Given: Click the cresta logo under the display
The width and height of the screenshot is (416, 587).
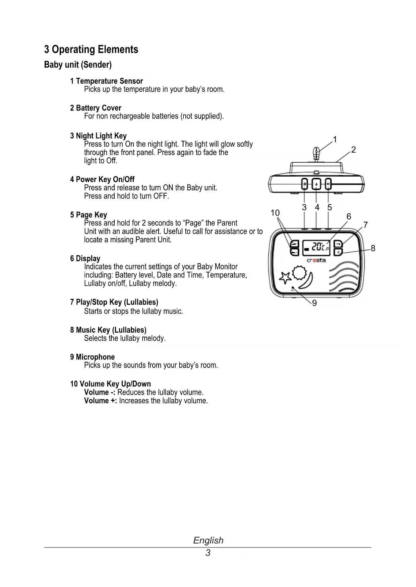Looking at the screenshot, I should [x=316, y=260].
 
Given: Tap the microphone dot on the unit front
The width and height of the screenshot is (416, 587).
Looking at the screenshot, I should [x=293, y=288].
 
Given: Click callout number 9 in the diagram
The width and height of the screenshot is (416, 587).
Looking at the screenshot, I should [x=314, y=303].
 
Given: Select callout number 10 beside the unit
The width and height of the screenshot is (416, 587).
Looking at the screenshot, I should [x=275, y=213].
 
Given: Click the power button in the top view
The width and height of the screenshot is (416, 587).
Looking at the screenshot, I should [x=316, y=184].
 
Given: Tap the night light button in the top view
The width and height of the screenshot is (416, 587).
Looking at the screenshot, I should [x=304, y=184].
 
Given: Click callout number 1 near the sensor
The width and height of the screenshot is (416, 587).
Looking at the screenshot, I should [x=335, y=139].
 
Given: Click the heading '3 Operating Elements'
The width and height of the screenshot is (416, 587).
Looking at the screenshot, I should [x=91, y=50].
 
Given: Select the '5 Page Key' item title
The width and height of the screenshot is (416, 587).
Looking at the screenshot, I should [x=88, y=215].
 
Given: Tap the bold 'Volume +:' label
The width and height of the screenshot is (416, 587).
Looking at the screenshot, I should [x=100, y=401].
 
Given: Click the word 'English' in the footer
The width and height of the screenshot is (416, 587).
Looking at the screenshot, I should [x=208, y=540].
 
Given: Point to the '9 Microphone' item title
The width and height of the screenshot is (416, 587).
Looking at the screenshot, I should [x=93, y=357].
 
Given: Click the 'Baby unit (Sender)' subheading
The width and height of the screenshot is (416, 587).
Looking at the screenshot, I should [x=78, y=65].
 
